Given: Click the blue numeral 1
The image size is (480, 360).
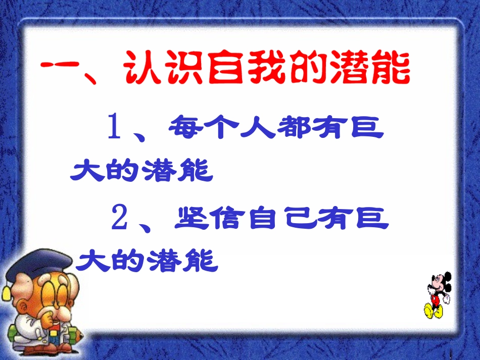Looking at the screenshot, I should pos(114,129).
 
